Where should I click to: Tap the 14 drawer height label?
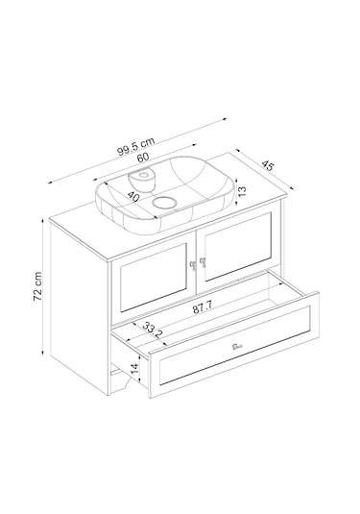(135, 367)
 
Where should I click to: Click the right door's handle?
(204, 260)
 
